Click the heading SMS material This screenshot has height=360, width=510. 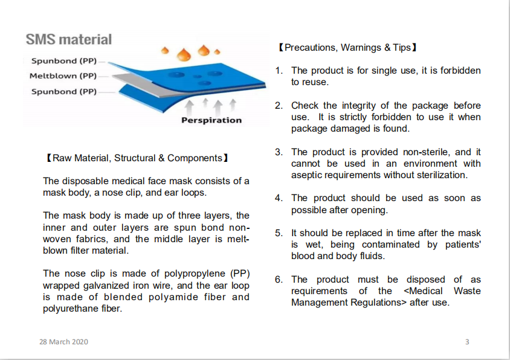click(x=69, y=39)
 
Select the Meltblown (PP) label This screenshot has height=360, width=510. click(x=63, y=76)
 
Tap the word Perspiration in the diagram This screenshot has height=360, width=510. click(x=211, y=120)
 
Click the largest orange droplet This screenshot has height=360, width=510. click(x=184, y=54)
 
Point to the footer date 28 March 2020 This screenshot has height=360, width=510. click(x=64, y=342)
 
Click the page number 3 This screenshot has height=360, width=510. click(x=467, y=342)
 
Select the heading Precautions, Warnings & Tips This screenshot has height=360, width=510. click(x=347, y=48)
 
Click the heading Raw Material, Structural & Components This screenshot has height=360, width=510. click(x=137, y=158)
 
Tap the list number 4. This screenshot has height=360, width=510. click(x=279, y=198)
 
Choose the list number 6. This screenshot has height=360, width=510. click(x=279, y=279)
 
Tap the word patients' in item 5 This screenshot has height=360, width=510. click(x=463, y=245)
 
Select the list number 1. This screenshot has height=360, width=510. click(x=279, y=71)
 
